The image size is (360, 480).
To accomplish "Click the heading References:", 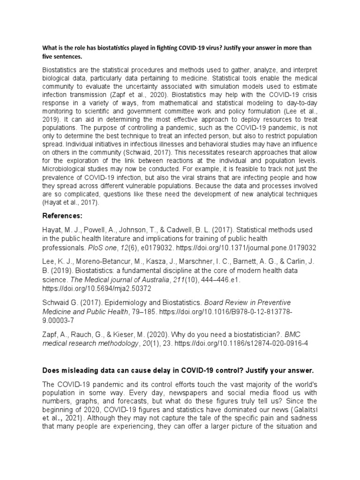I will tap(63, 216).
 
